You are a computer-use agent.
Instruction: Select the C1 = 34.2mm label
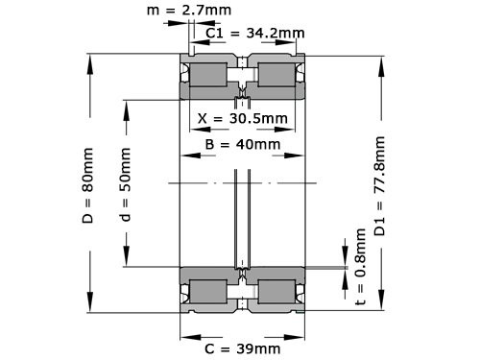point(255,34)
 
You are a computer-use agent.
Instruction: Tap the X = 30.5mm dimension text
point(244,120)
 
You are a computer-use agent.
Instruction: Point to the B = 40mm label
point(243,145)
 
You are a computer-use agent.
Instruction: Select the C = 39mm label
point(243,347)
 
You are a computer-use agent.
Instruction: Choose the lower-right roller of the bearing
point(276,290)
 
